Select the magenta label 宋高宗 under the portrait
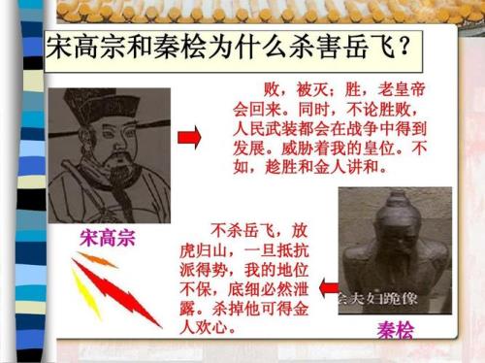(108, 238)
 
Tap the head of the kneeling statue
(388, 219)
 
